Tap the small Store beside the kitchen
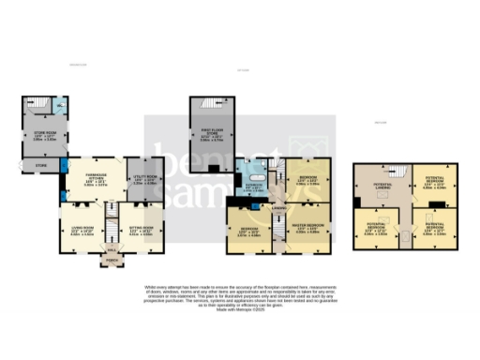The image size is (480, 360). pos(40,166)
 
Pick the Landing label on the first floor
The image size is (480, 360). pos(278,209)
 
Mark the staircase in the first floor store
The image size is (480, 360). pos(212,103)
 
